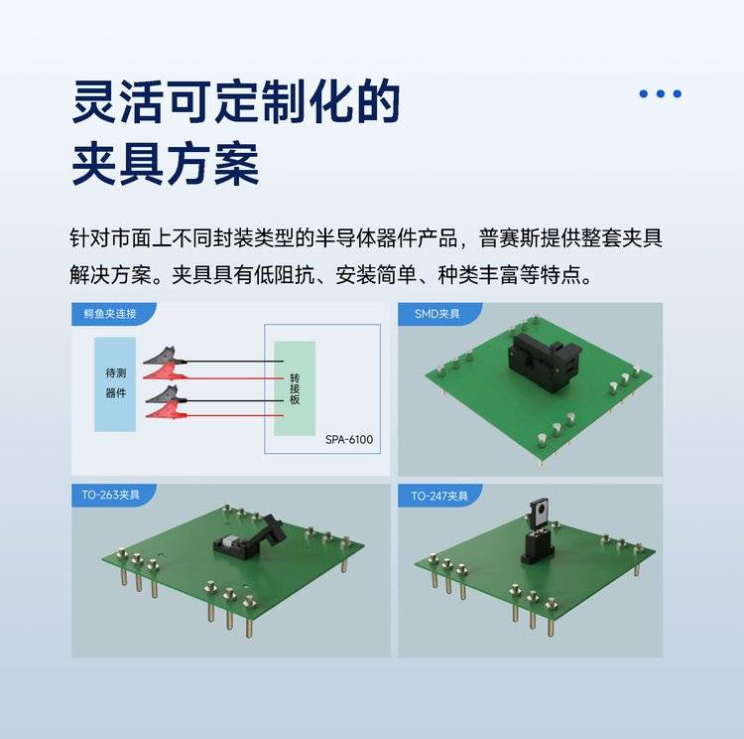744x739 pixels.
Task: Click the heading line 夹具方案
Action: click(x=165, y=164)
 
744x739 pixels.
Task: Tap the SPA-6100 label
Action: click(x=349, y=440)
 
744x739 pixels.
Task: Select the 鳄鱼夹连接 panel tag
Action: click(x=110, y=314)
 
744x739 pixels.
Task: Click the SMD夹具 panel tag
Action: click(x=437, y=314)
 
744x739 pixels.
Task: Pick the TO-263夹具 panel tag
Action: click(x=110, y=495)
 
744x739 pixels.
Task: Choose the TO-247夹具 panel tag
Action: click(x=438, y=496)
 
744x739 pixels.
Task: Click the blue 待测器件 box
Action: click(x=115, y=384)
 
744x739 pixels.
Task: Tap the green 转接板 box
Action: click(x=295, y=387)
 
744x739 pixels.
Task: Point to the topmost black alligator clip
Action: click(x=164, y=357)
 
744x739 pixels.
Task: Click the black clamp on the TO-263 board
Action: click(x=250, y=536)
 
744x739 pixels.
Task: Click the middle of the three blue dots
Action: click(x=660, y=93)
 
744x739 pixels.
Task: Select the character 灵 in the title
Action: click(x=94, y=101)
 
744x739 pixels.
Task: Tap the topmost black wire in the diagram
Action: click(x=235, y=362)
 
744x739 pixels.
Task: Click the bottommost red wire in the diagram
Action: click(x=235, y=416)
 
